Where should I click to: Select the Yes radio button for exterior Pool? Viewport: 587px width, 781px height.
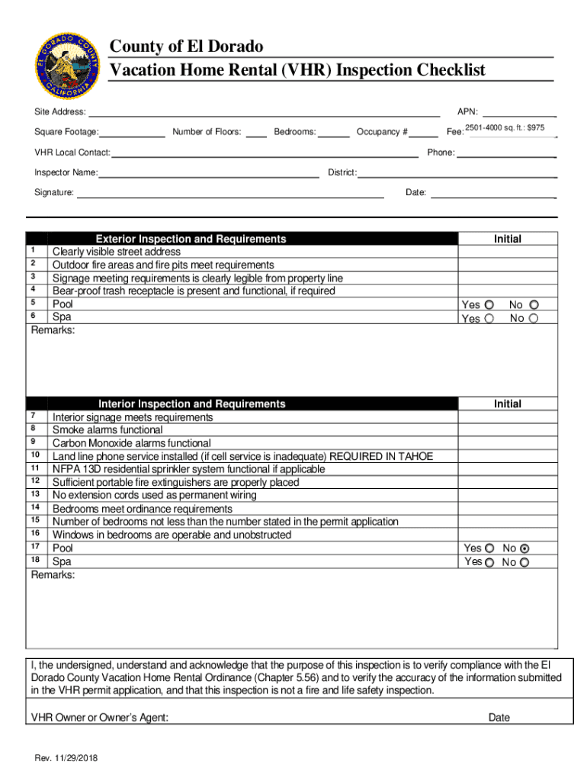coord(489,304)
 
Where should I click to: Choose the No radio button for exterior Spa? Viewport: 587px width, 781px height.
coord(534,318)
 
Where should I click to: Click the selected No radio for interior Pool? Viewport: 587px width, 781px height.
coord(524,548)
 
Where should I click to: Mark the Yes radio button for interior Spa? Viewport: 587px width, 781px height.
coord(489,562)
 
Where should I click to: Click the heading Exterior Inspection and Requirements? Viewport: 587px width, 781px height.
coord(191,239)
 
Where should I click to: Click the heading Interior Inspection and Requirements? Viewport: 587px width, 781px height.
coord(191,403)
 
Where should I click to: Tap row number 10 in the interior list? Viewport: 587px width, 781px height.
coord(35,455)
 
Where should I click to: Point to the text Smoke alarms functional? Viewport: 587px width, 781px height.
coord(107,430)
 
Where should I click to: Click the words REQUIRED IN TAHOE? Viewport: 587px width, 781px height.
coord(380,456)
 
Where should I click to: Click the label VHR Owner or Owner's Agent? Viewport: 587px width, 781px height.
coord(100,717)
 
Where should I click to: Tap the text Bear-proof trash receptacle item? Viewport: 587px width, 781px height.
coord(194,291)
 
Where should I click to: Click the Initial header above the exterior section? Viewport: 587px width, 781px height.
coord(507,239)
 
